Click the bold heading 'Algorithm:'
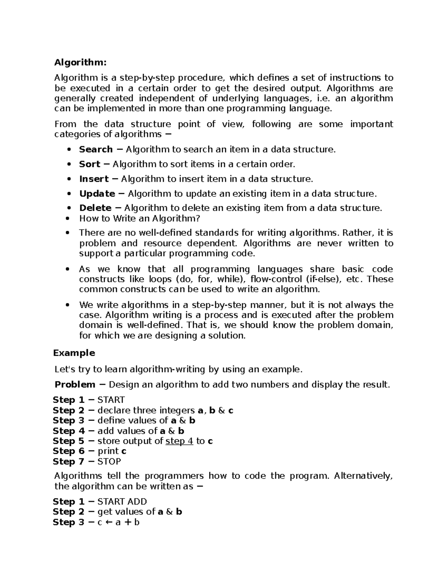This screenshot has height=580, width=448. tap(80, 62)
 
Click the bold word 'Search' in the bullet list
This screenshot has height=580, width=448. tap(96, 149)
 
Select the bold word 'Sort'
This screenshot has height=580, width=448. tap(90, 164)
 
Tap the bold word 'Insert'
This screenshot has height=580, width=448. tap(94, 179)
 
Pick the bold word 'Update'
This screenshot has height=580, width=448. tap(97, 193)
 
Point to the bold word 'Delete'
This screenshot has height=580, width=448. tap(95, 208)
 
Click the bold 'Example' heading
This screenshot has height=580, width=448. tap(74, 353)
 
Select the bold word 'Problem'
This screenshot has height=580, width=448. tap(75, 385)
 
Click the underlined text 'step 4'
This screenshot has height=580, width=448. tap(179, 441)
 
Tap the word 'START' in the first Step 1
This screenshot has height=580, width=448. tap(111, 400)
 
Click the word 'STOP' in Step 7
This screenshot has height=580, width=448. tap(109, 462)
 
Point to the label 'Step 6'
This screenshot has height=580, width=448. tap(69, 451)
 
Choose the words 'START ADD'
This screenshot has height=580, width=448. tap(122, 502)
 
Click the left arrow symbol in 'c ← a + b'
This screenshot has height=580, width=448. tap(109, 522)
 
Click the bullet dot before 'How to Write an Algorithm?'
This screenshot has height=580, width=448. tap(68, 218)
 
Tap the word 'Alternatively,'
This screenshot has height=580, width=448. tap(363, 476)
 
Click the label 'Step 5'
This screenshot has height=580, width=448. tap(69, 441)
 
